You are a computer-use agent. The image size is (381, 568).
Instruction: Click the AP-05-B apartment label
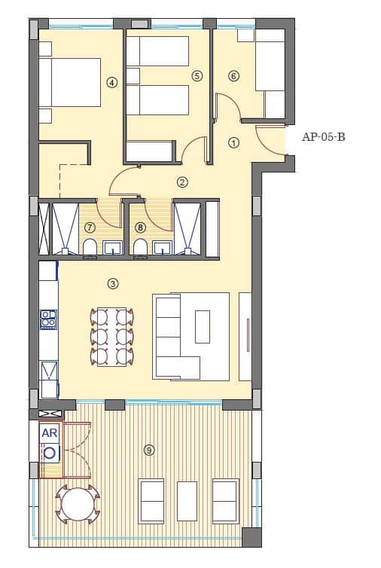[323, 137]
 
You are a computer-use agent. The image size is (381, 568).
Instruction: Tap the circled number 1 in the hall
[233, 142]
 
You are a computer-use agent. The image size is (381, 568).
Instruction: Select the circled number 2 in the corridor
[182, 182]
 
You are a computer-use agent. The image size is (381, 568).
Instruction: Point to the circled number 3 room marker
[112, 284]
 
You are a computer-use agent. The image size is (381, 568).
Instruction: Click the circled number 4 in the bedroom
[112, 83]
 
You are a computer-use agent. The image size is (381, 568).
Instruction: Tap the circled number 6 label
[233, 76]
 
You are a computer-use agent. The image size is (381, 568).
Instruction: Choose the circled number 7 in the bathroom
[90, 227]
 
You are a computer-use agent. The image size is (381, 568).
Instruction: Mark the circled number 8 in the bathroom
[140, 227]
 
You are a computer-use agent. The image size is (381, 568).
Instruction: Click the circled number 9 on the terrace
[149, 450]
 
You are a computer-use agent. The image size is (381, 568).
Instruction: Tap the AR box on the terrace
[50, 433]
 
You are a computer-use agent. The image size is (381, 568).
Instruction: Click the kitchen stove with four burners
[48, 319]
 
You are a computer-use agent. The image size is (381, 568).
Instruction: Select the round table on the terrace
[75, 505]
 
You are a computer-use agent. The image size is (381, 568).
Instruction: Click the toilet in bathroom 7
[89, 247]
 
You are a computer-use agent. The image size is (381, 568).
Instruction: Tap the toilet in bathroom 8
[139, 247]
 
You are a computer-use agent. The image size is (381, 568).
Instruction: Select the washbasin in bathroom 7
[113, 247]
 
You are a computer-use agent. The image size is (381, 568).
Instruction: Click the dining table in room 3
[112, 336]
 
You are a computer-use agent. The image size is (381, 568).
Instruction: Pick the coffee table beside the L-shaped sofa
[203, 326]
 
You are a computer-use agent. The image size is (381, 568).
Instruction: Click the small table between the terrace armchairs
[187, 500]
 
